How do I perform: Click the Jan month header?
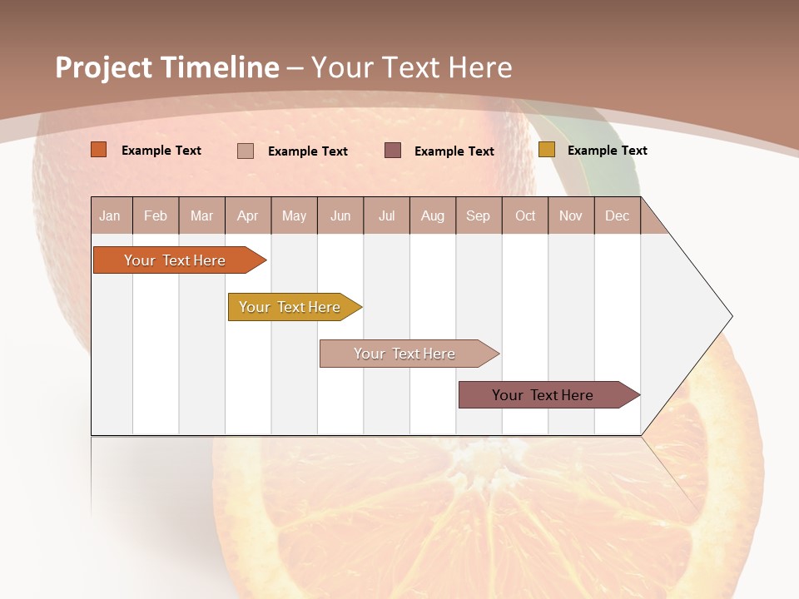[111, 215]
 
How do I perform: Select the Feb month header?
[156, 215]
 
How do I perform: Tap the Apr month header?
[248, 215]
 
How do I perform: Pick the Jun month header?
[340, 215]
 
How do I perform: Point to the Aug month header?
[433, 215]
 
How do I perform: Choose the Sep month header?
[479, 215]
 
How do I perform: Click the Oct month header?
[525, 215]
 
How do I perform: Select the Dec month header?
[618, 215]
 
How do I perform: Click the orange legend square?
[99, 150]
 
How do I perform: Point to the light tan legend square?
[246, 151]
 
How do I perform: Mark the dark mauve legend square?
[393, 150]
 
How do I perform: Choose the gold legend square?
[547, 150]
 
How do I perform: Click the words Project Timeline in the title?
[166, 67]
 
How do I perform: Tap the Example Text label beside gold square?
[608, 151]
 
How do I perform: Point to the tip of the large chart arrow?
[731, 316]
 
